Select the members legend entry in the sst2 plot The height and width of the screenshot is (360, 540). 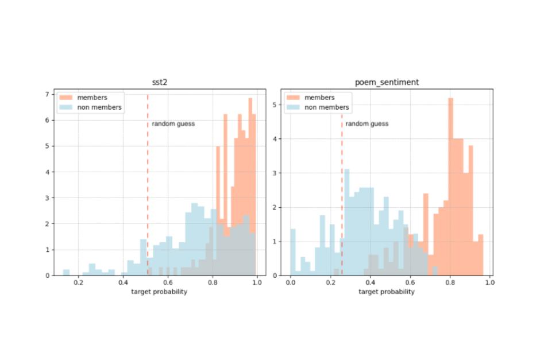[88, 97]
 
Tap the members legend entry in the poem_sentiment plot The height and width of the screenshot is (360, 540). [316, 97]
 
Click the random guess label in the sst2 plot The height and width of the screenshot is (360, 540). [173, 123]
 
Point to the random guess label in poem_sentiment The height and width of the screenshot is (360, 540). [367, 123]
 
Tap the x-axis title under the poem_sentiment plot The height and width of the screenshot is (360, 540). [386, 292]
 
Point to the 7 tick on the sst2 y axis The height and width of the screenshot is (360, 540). [48, 94]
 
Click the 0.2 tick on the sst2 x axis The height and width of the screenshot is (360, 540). [79, 283]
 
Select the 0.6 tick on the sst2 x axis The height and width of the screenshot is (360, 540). [168, 283]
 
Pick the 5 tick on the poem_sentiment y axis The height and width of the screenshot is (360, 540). [275, 104]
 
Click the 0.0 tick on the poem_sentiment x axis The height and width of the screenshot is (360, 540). [291, 283]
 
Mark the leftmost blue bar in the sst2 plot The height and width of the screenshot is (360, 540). [66, 272]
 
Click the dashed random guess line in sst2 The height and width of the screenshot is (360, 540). [148, 172]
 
